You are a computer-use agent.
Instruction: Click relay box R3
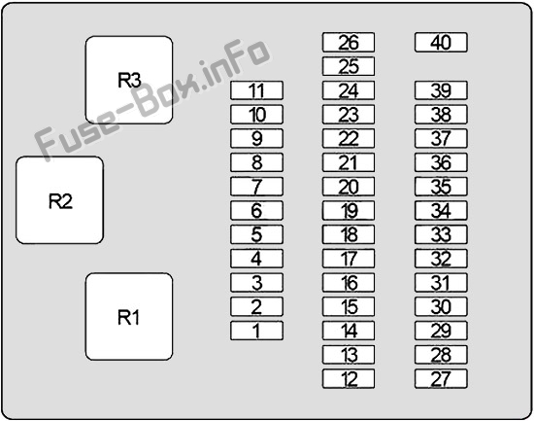(x=129, y=80)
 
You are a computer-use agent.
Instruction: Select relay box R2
(x=59, y=200)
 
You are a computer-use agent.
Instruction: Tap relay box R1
(x=129, y=317)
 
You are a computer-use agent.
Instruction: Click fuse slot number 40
(x=441, y=43)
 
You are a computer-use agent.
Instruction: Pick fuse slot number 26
(x=349, y=43)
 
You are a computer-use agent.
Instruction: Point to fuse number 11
(x=256, y=90)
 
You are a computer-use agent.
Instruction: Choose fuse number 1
(x=256, y=331)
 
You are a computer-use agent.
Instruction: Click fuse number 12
(x=349, y=378)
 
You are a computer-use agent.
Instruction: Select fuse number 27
(x=441, y=378)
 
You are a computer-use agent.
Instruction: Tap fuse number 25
(x=349, y=66)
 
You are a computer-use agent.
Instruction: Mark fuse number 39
(x=441, y=90)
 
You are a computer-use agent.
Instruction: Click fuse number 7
(x=256, y=187)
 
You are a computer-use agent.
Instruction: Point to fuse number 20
(x=349, y=187)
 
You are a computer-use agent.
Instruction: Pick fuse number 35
(x=441, y=187)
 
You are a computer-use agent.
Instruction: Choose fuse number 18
(x=349, y=234)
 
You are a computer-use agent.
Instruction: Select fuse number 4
(x=256, y=259)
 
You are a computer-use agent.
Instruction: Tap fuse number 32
(x=441, y=259)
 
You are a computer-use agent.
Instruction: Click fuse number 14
(x=349, y=331)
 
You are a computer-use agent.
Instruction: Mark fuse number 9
(x=256, y=138)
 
